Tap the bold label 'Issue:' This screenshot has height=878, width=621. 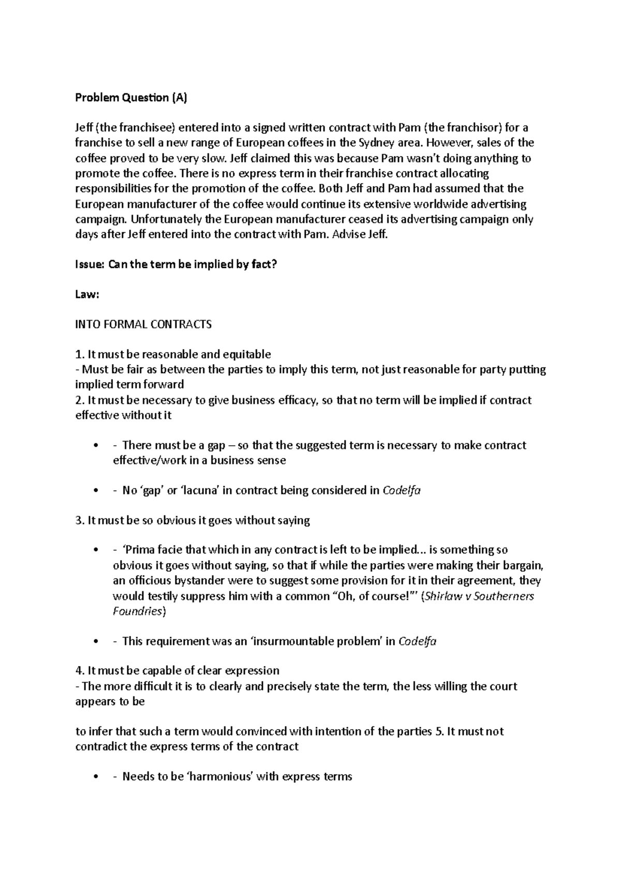click(x=90, y=264)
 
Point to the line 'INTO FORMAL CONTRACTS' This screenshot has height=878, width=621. click(x=143, y=325)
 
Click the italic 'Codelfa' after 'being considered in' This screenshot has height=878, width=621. click(x=401, y=491)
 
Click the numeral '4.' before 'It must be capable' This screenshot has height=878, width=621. click(x=80, y=671)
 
